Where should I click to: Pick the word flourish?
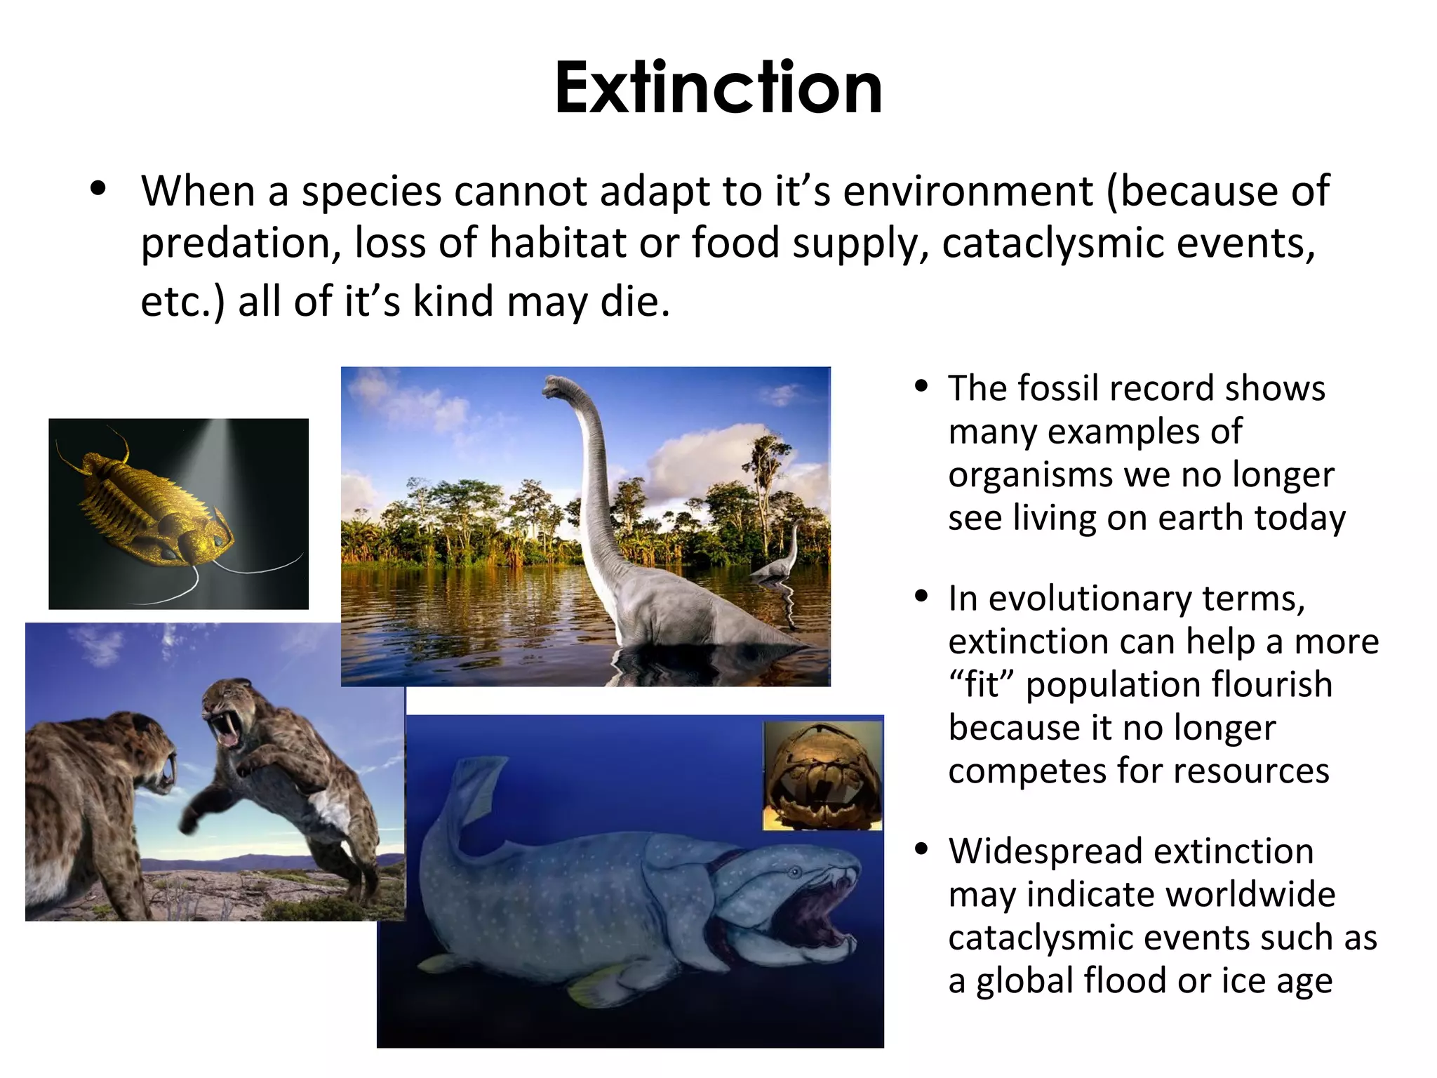1272,685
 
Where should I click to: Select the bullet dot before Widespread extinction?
922,849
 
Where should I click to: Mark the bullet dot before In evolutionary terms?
922,597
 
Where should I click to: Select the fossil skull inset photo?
822,776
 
